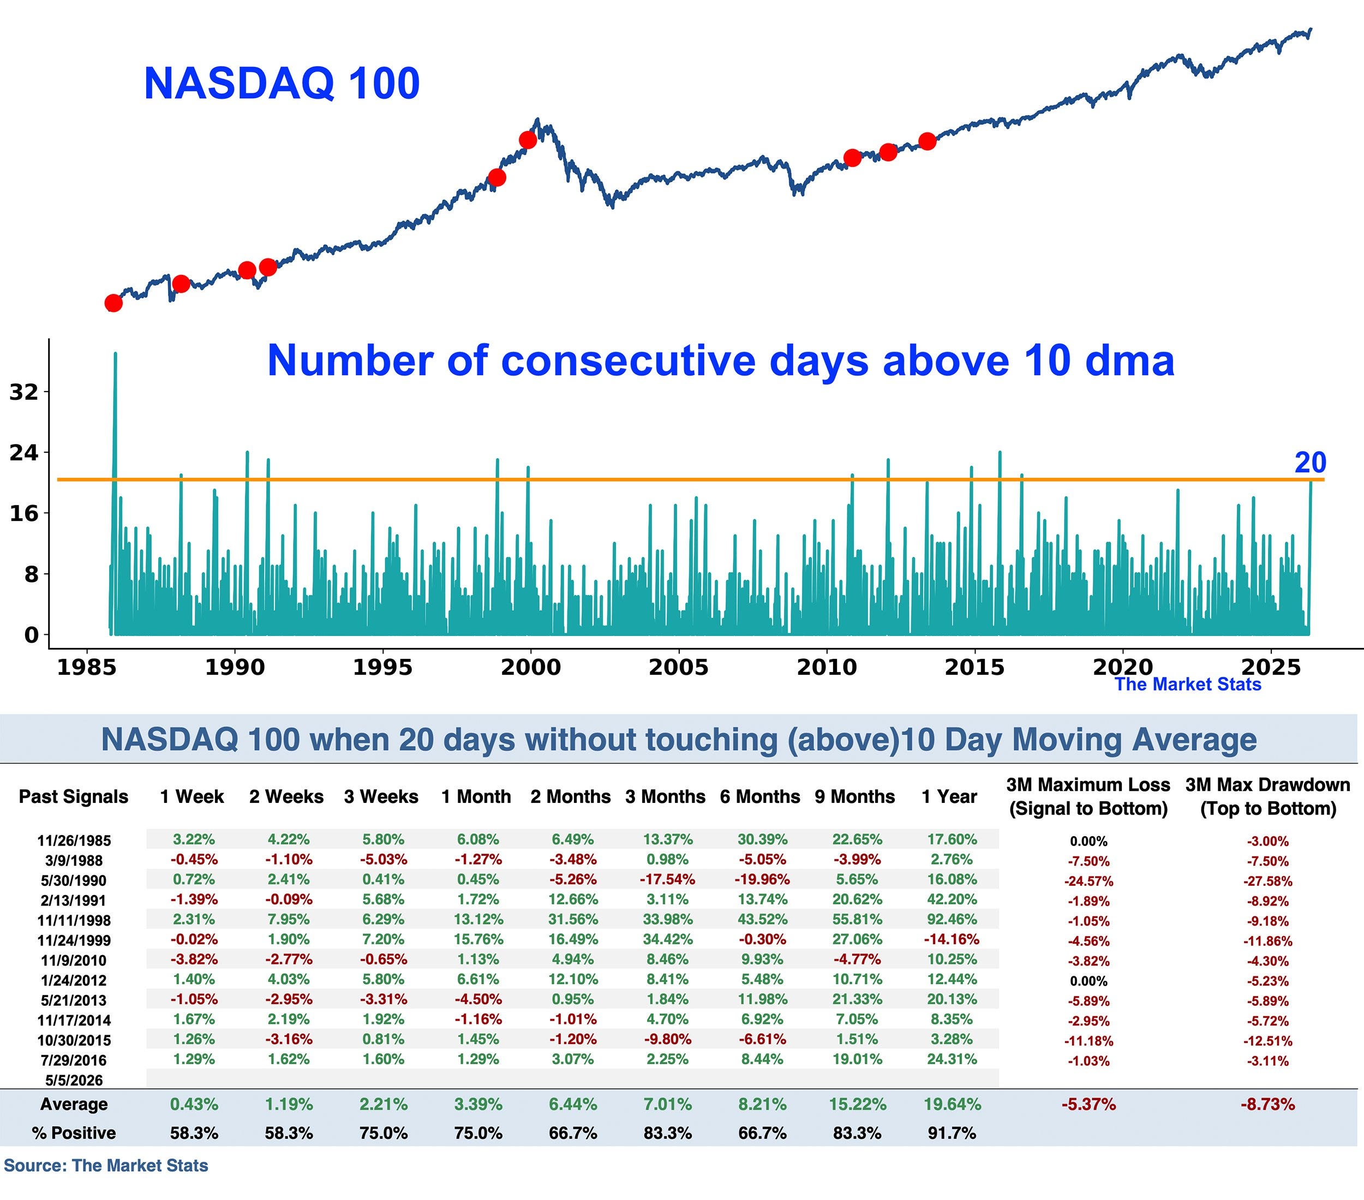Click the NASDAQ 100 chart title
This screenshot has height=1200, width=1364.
click(282, 83)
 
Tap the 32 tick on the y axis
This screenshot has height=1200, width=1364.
click(24, 392)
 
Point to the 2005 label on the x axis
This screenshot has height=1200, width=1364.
click(679, 667)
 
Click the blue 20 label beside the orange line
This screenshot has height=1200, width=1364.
click(1310, 463)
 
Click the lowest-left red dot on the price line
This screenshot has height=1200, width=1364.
click(113, 303)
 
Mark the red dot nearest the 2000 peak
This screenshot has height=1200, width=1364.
click(528, 140)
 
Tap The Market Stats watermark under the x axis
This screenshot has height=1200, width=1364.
click(1188, 685)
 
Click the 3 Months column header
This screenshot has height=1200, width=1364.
click(665, 796)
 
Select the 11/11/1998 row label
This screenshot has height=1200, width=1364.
click(74, 921)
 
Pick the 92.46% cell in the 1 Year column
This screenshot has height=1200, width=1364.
click(952, 919)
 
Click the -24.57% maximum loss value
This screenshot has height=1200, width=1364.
click(1088, 881)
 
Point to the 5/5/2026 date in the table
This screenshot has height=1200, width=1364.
click(74, 1081)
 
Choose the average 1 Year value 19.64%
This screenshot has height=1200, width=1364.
click(952, 1105)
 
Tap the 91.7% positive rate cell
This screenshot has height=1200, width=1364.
click(952, 1133)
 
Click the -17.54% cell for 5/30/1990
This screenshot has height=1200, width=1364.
click(667, 879)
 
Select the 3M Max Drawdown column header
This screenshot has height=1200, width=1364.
click(1268, 796)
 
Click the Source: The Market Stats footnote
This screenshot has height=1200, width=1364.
click(106, 1165)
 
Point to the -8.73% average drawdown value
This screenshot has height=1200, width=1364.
click(1267, 1105)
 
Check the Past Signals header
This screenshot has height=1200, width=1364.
click(74, 796)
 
